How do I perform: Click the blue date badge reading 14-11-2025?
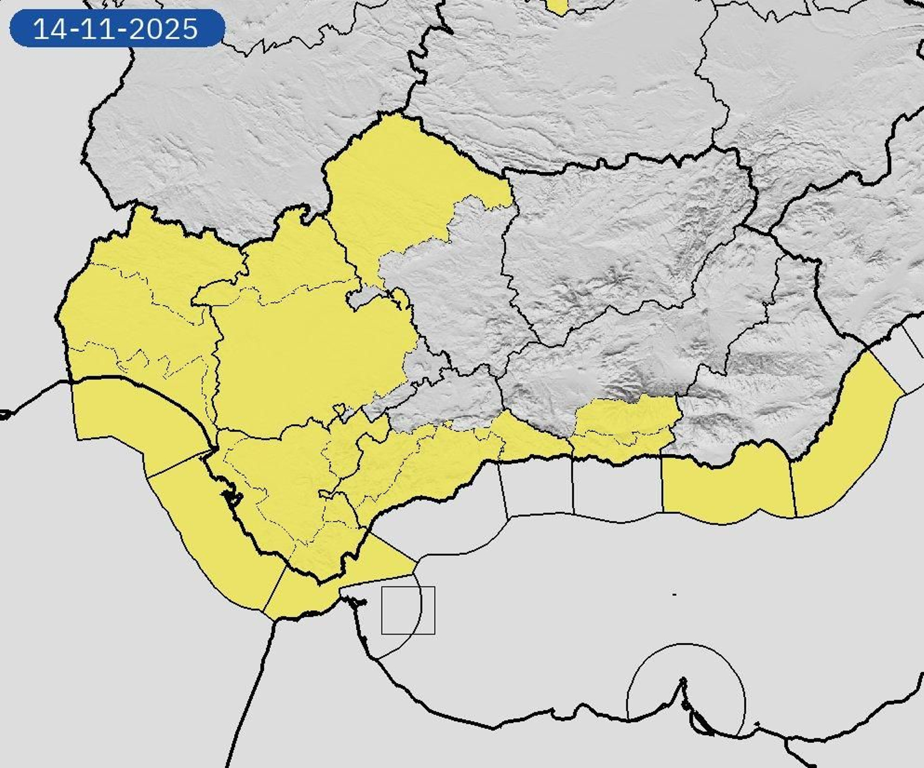[117, 28]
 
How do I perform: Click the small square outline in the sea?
[408, 610]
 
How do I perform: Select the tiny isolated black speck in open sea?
[675, 594]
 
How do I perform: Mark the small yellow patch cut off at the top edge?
[558, 6]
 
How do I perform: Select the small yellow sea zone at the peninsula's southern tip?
[300, 595]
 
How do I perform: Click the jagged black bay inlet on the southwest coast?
[233, 497]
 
